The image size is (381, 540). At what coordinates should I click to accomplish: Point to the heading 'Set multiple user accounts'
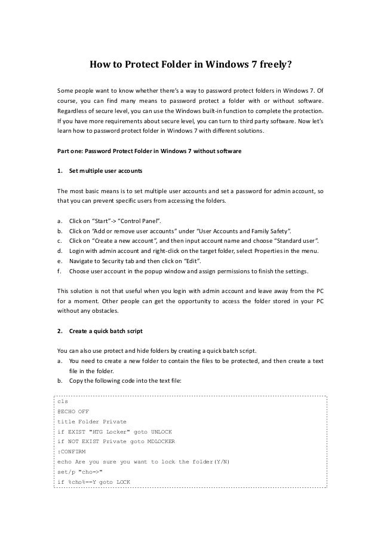(x=106, y=172)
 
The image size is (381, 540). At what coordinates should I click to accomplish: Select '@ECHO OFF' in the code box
(x=72, y=411)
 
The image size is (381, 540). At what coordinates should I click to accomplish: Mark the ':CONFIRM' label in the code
(x=71, y=452)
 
